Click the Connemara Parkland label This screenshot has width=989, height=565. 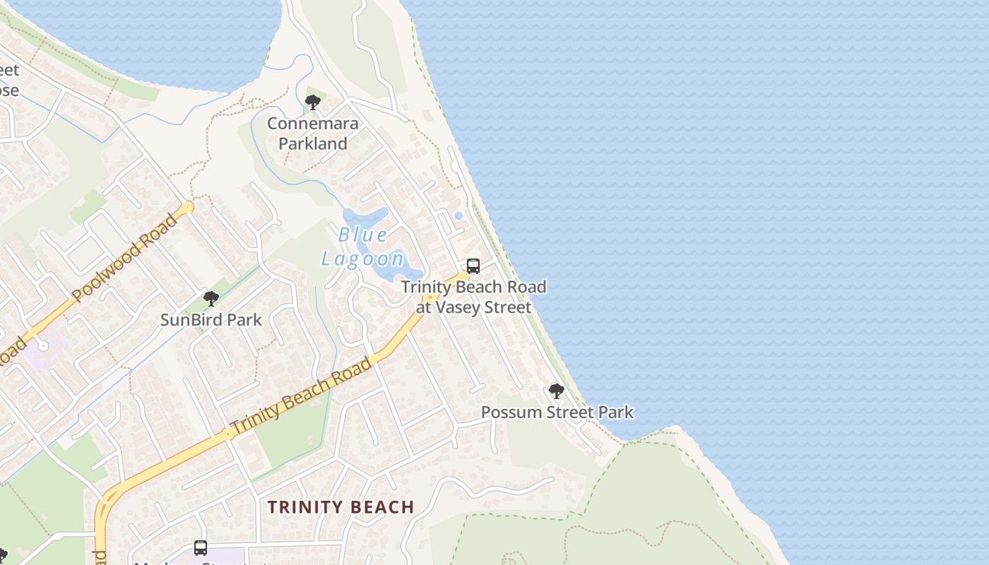coord(312,133)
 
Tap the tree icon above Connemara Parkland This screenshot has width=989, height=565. coord(312,103)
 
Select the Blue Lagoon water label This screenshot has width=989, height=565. coord(363,246)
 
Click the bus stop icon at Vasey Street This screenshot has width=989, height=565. coord(473,266)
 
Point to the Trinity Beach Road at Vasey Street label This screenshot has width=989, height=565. coord(473,297)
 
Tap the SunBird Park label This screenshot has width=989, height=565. coord(211,320)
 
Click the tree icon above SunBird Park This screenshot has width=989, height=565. coord(211,299)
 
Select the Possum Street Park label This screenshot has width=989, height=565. coord(557,412)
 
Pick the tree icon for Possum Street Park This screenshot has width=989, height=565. coord(557,391)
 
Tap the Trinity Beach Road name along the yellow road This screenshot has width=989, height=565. coord(301,397)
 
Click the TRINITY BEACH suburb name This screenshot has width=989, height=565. coord(340,507)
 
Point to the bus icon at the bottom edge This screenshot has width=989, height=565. coord(201,548)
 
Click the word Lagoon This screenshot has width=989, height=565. coord(363,258)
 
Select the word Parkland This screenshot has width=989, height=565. coord(312,143)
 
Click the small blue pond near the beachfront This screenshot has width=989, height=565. coord(458,215)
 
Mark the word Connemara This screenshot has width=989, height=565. coord(312,124)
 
